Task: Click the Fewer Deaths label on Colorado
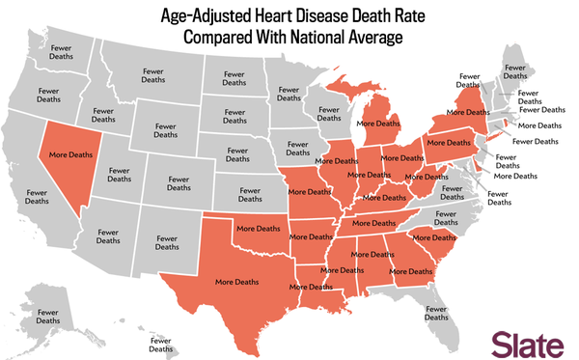pyautogui.click(x=178, y=184)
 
